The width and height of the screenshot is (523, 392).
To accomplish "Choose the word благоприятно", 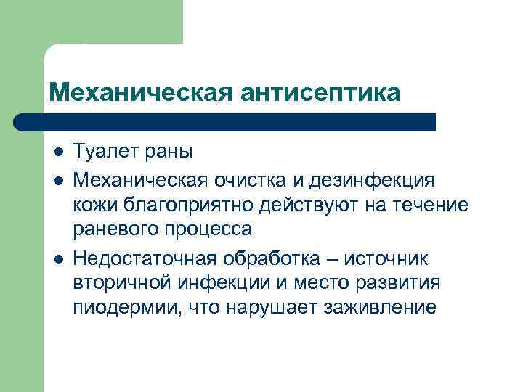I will click(190, 204).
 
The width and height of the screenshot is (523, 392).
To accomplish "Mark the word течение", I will click(434, 204).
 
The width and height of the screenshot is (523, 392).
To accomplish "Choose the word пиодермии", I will click(121, 309).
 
